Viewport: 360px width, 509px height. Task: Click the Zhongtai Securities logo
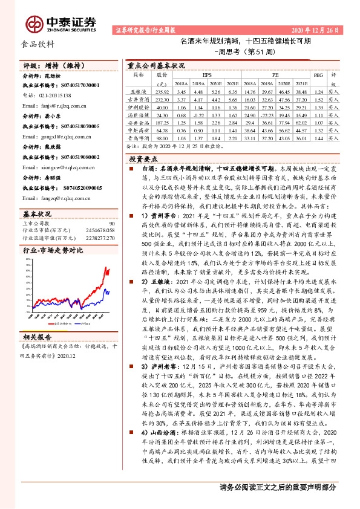coord(61,23)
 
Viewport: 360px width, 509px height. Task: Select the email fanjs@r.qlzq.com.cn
coord(54,105)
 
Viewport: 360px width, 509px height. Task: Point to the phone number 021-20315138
coord(51,96)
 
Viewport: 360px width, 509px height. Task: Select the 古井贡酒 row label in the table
coord(139,99)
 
